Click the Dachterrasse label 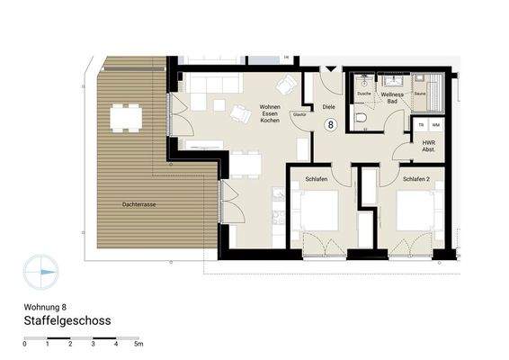click(139, 205)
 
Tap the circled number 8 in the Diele click(330, 125)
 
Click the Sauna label click(420, 94)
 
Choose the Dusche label click(364, 94)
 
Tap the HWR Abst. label click(428, 146)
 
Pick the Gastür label click(299, 114)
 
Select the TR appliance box click(421, 124)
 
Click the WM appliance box click(435, 124)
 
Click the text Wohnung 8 click(45, 305)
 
